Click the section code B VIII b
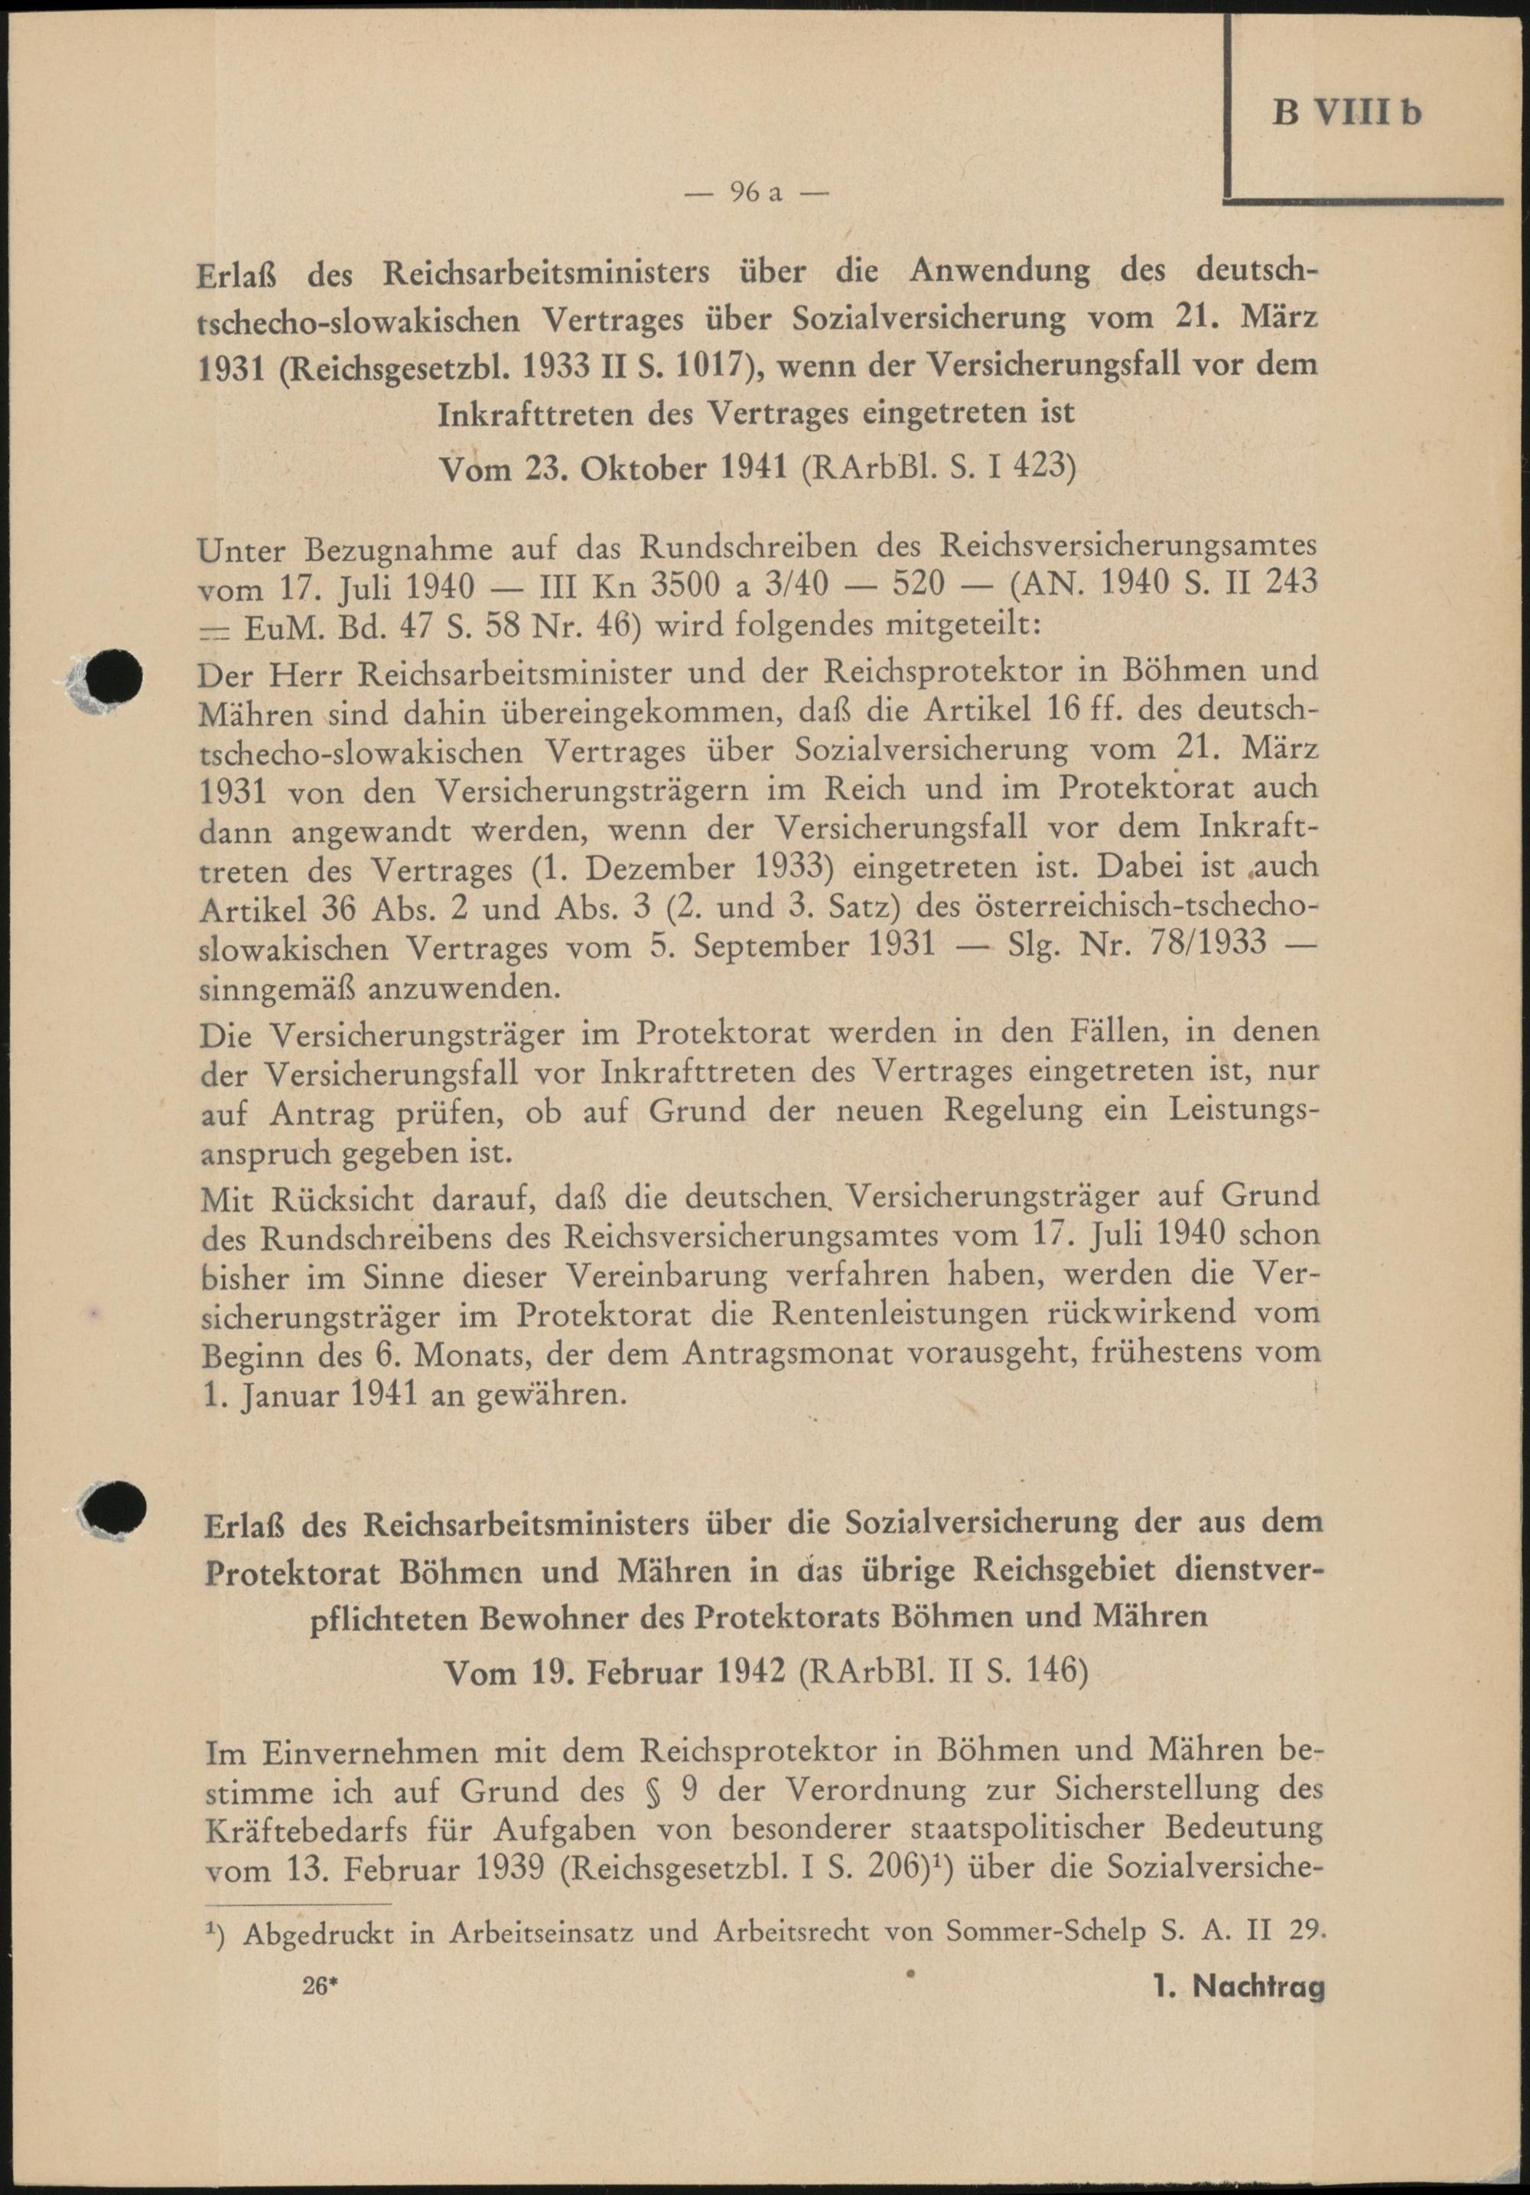tap(1346, 113)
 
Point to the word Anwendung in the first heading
tap(998, 272)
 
